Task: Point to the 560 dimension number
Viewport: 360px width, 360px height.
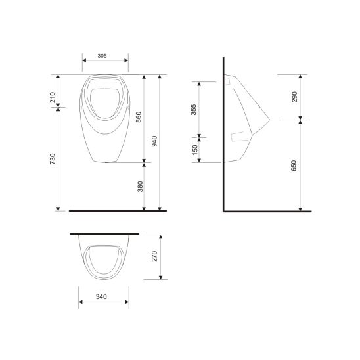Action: [138, 118]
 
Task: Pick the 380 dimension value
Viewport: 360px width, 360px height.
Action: [138, 187]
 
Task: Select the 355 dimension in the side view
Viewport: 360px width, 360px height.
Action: [192, 110]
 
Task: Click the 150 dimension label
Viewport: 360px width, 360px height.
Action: [192, 150]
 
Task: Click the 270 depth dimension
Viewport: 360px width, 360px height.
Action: [155, 256]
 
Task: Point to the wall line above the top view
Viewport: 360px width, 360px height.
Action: [105, 233]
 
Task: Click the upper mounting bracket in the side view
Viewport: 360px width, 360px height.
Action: [227, 83]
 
